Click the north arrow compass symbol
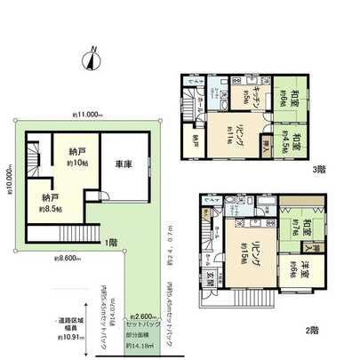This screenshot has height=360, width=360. point(90,60)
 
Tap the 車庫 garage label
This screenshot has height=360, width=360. point(124,163)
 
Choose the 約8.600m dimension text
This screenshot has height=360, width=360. point(67,258)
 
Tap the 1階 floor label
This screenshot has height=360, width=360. point(109,242)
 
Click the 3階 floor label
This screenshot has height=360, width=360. point(318,169)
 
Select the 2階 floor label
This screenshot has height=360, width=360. point(311,331)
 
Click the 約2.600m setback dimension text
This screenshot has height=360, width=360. point(142,316)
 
